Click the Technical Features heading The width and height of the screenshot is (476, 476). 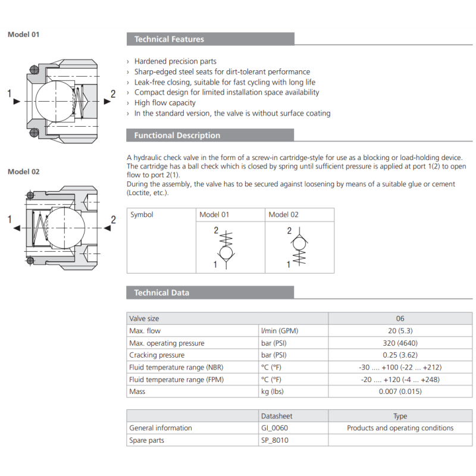169,39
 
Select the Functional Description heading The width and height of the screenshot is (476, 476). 177,136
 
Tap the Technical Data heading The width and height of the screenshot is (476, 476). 161,293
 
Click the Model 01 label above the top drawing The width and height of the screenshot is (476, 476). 23,35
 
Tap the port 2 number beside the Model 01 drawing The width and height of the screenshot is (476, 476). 113,93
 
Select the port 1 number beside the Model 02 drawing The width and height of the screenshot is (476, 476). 10,220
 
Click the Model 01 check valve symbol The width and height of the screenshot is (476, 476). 226,247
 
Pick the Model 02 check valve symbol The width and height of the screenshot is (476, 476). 299,245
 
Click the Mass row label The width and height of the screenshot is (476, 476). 137,392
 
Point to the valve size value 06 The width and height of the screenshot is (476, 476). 400,319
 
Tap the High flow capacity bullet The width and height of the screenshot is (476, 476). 165,103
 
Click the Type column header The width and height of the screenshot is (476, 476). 400,416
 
